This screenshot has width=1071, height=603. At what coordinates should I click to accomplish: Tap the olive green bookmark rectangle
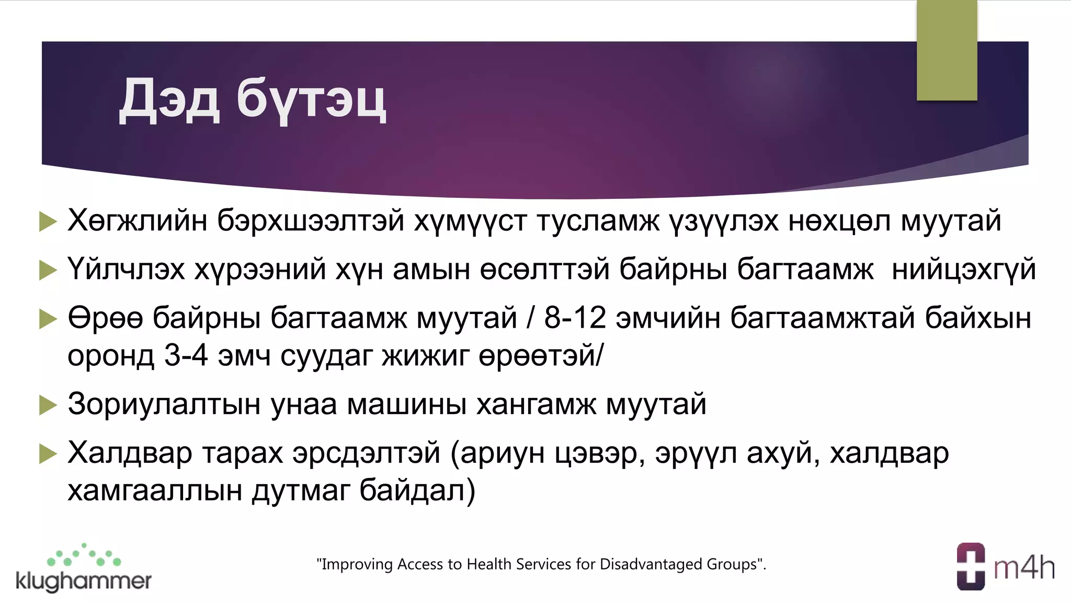pos(947,50)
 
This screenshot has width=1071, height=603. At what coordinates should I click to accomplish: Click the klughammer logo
pos(84,569)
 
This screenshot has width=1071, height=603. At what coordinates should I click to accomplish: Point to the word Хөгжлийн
pos(138,220)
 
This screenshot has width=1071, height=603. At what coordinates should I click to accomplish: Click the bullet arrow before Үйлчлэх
pos(48,270)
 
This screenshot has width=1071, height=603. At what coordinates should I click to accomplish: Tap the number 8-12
pos(575,318)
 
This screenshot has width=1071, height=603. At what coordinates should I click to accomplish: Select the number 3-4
pos(186,356)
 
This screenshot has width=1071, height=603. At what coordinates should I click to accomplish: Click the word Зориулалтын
pos(164,404)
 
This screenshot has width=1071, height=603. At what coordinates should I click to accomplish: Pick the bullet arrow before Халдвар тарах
pos(48,454)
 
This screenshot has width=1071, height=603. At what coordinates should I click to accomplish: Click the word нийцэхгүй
pos(963,270)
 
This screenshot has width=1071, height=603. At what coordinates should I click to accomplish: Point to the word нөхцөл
pos(839,220)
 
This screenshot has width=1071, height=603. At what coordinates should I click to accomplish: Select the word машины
pos(406,404)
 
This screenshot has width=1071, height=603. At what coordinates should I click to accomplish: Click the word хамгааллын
pos(154,491)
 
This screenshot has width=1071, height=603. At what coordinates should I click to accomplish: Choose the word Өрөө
pos(105,318)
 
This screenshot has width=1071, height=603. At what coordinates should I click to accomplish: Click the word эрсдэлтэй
pos(366,453)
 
